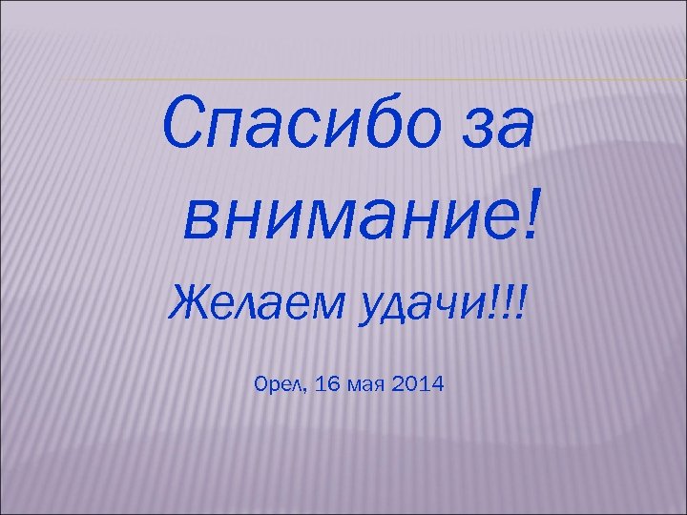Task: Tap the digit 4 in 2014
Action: [x=435, y=385]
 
